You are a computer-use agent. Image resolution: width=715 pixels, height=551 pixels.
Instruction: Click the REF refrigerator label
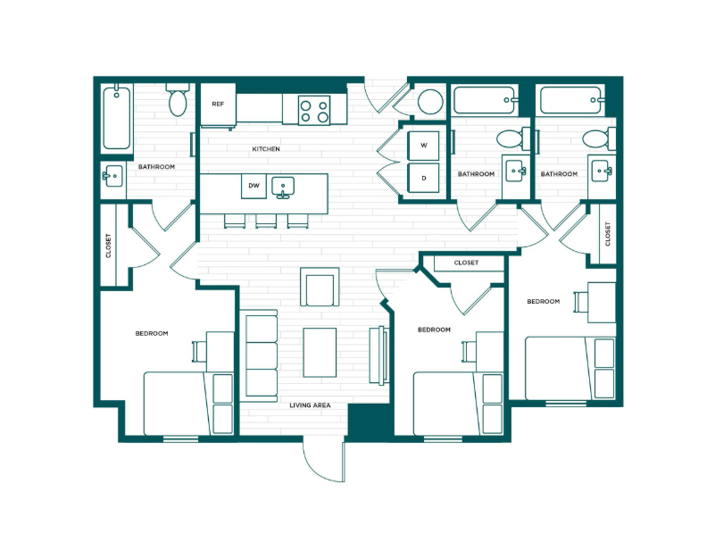[217, 104]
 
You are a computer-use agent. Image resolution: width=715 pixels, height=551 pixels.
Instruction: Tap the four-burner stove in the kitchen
[313, 110]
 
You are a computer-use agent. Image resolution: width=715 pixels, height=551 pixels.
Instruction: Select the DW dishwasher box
[253, 186]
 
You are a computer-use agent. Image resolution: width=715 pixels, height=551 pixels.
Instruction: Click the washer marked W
[424, 146]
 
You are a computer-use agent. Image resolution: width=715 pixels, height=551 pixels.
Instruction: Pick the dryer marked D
[424, 177]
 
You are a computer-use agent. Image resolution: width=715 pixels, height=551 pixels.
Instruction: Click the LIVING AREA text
[310, 405]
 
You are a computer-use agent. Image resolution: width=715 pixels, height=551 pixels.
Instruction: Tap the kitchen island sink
[285, 187]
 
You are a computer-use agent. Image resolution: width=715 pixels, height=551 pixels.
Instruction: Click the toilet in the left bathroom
[178, 100]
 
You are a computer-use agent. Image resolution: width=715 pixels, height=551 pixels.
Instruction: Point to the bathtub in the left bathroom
[117, 118]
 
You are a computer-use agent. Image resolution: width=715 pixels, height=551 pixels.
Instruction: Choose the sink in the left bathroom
[113, 176]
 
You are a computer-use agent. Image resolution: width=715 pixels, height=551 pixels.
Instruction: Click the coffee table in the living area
[320, 352]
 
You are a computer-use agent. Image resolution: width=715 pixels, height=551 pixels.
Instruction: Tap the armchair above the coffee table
[319, 287]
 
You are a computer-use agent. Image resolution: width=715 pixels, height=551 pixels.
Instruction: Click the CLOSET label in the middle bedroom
[466, 263]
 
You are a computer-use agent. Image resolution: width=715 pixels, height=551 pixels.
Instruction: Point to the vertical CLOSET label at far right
[608, 234]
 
